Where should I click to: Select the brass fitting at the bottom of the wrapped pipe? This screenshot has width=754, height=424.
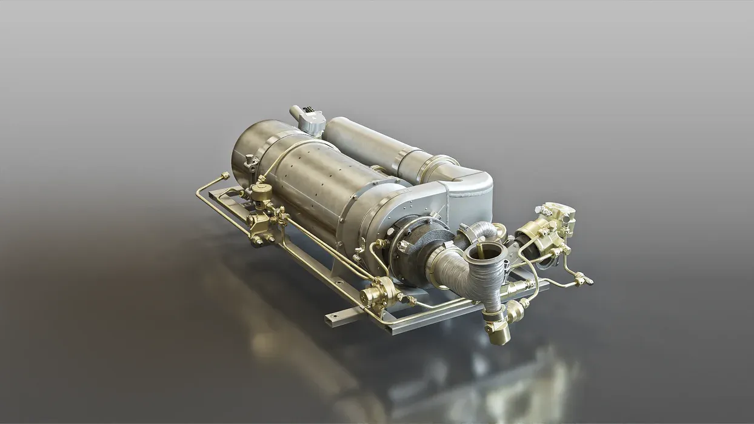tap(498, 333)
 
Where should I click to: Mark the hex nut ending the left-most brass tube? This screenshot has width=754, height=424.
tap(225, 176)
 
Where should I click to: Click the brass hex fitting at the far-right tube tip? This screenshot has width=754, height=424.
tap(586, 280)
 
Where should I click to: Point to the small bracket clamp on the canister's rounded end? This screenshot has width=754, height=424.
tap(249, 162)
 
